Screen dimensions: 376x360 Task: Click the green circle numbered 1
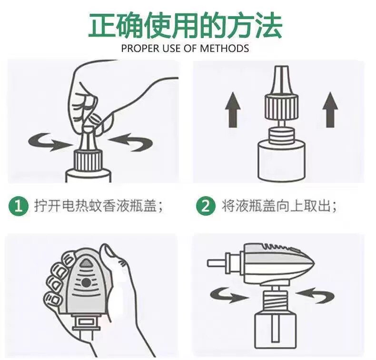click(x=19, y=206)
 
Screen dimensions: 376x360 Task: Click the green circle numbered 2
click(x=206, y=206)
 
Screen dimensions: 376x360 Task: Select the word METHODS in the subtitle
click(x=225, y=49)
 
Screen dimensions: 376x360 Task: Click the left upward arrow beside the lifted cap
click(x=233, y=110)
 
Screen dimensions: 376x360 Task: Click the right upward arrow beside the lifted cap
click(x=330, y=110)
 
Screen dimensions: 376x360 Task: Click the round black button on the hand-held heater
click(x=85, y=283)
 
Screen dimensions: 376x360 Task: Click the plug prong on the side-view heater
click(x=217, y=263)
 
